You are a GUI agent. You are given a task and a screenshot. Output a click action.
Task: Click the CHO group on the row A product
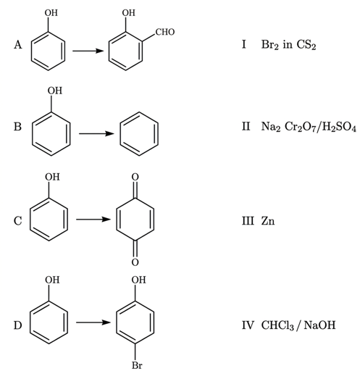pyautogui.click(x=165, y=32)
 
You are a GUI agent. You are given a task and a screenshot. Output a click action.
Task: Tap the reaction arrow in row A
pyautogui.click(x=88, y=51)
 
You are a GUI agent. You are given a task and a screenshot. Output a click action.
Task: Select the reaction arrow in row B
pyautogui.click(x=96, y=133)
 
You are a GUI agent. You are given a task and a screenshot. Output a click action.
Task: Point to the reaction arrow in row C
pyautogui.click(x=93, y=220)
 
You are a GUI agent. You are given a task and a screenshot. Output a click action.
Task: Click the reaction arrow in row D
pyautogui.click(x=93, y=322)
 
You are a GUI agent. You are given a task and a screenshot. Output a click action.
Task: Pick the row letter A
pyautogui.click(x=18, y=45)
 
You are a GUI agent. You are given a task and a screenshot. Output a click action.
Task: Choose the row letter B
pyautogui.click(x=17, y=127)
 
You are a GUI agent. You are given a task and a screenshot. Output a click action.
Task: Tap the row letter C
pyautogui.click(x=17, y=221)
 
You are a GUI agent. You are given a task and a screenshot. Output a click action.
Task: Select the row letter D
pyautogui.click(x=17, y=325)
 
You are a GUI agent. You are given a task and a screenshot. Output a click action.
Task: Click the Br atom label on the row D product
pyautogui.click(x=137, y=365)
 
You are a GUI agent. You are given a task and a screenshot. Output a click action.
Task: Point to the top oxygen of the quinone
pyautogui.click(x=135, y=177)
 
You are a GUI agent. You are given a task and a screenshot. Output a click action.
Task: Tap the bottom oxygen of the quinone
pyautogui.click(x=135, y=262)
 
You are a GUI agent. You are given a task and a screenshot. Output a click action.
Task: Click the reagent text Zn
pyautogui.click(x=268, y=221)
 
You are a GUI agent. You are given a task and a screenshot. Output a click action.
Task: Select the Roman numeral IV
pyautogui.click(x=248, y=325)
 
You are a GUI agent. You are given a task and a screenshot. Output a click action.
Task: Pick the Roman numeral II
pyautogui.click(x=246, y=126)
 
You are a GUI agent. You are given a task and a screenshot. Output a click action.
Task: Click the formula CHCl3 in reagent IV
pyautogui.click(x=277, y=325)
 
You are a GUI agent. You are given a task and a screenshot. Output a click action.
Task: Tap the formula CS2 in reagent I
pyautogui.click(x=306, y=45)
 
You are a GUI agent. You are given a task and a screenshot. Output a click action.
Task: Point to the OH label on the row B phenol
pyautogui.click(x=55, y=91)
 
